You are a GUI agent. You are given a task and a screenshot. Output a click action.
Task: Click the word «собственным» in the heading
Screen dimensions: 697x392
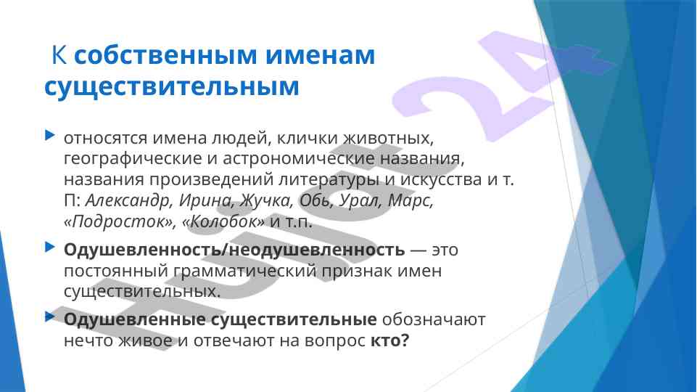165,55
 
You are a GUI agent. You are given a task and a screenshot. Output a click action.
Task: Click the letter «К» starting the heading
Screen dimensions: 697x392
59,55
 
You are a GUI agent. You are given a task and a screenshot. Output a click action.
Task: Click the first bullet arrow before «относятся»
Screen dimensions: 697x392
50,135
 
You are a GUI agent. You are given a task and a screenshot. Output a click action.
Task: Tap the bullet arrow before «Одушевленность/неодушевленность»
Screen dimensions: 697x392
50,247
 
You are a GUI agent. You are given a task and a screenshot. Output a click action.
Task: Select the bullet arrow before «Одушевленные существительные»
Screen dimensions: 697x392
50,317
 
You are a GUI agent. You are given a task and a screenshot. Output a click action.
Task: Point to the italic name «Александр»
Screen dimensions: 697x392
128,200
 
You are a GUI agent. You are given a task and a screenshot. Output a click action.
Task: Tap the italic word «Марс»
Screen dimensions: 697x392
411,201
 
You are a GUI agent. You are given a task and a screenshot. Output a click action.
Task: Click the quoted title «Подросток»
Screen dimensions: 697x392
119,221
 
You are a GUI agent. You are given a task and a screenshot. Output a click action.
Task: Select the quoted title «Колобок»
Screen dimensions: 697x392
223,221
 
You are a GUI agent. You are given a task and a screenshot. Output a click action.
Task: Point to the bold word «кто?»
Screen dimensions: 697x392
389,341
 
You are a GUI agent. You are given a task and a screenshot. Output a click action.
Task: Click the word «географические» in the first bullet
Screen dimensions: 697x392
133,159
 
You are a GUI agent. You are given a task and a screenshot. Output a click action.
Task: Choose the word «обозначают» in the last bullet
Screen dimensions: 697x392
434,319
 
